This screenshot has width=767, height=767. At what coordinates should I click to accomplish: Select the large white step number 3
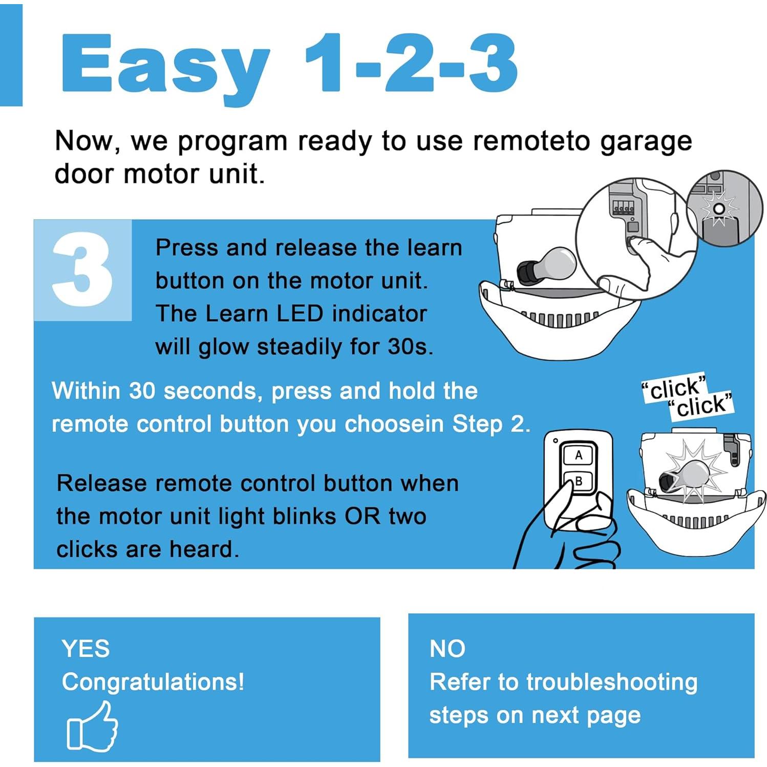pyautogui.click(x=82, y=270)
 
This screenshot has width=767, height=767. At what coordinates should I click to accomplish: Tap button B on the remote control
pyautogui.click(x=579, y=481)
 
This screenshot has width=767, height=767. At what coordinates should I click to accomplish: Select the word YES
pyautogui.click(x=86, y=649)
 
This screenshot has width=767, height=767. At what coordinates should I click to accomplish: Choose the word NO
pyautogui.click(x=447, y=649)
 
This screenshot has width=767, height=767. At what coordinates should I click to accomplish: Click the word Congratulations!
pyautogui.click(x=153, y=682)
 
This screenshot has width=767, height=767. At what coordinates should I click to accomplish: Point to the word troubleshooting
pyautogui.click(x=611, y=682)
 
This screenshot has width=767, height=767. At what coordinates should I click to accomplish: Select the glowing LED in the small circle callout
pyautogui.click(x=719, y=209)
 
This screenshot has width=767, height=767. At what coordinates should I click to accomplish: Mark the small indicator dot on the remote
pyautogui.click(x=556, y=440)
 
